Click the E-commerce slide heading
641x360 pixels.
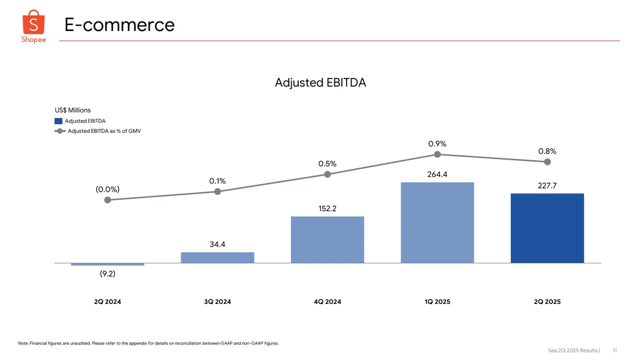pyautogui.click(x=119, y=25)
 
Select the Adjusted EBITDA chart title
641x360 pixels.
pyautogui.click(x=320, y=83)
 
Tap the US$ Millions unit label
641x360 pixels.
pyautogui.click(x=73, y=110)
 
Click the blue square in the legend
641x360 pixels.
pyautogui.click(x=58, y=121)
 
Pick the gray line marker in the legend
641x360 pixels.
pyautogui.click(x=60, y=131)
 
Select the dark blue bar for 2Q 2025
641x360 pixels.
pyautogui.click(x=547, y=228)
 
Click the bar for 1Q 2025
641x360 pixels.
pyautogui.click(x=437, y=222)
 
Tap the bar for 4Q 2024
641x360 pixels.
pyautogui.click(x=327, y=239)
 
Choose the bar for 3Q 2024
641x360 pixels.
pyautogui.click(x=217, y=257)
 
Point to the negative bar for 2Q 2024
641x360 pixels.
pyautogui.click(x=107, y=264)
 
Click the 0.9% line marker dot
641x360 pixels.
pyautogui.click(x=437, y=154)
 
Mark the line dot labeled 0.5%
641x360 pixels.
pyautogui.click(x=327, y=174)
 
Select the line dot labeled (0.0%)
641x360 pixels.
pyautogui.click(x=107, y=200)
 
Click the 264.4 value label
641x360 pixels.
pyautogui.click(x=437, y=174)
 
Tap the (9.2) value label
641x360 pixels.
pyautogui.click(x=107, y=274)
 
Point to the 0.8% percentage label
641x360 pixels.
pyautogui.click(x=547, y=151)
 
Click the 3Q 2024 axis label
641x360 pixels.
pyautogui.click(x=217, y=302)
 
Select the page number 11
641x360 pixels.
pyautogui.click(x=615, y=350)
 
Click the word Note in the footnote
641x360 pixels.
pyautogui.click(x=23, y=343)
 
